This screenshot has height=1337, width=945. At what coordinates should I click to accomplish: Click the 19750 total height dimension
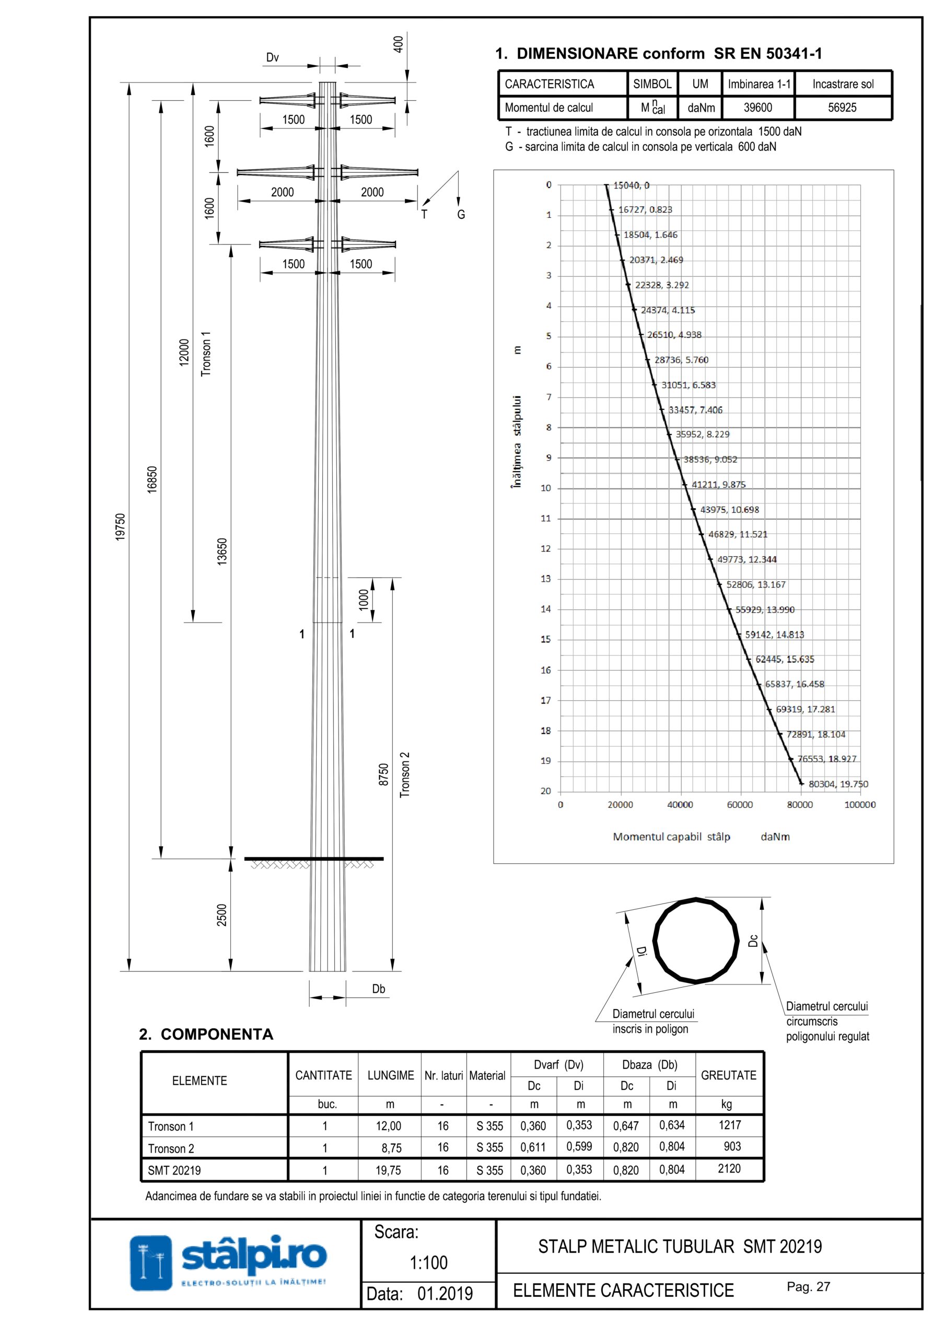pyautogui.click(x=121, y=526)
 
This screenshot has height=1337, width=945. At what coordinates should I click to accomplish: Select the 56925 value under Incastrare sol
pyautogui.click(x=842, y=108)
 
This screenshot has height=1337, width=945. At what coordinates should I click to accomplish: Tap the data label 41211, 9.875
pyautogui.click(x=718, y=485)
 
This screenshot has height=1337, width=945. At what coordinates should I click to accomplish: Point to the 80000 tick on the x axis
pyautogui.click(x=800, y=805)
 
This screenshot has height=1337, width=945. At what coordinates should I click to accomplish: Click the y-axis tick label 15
pyautogui.click(x=545, y=639)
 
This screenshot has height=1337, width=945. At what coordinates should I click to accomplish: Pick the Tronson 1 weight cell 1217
pyautogui.click(x=729, y=1125)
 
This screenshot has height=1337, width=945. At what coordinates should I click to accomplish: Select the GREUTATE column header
pyautogui.click(x=728, y=1075)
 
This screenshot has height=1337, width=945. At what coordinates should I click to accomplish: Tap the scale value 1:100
pyautogui.click(x=428, y=1262)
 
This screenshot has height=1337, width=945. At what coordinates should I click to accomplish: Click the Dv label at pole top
pyautogui.click(x=272, y=57)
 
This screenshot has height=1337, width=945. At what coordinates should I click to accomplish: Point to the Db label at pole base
pyautogui.click(x=379, y=989)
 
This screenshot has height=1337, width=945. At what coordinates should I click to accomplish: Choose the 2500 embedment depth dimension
pyautogui.click(x=222, y=915)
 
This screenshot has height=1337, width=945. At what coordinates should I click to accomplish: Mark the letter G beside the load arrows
pyautogui.click(x=461, y=215)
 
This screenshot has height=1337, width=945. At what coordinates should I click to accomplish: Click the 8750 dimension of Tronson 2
pyautogui.click(x=383, y=775)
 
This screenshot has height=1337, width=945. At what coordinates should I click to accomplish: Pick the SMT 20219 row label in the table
pyautogui.click(x=174, y=1170)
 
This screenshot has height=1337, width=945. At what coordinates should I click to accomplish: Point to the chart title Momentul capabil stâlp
pyautogui.click(x=671, y=837)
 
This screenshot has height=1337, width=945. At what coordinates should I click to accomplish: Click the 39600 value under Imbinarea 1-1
pyautogui.click(x=757, y=108)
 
